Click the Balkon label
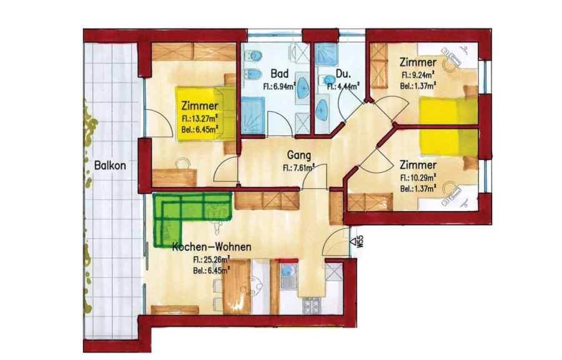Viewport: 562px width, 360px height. coord(110,166)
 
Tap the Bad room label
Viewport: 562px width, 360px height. coord(279,74)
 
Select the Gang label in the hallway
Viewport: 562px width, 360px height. coord(299,155)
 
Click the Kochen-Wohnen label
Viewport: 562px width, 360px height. coord(212,247)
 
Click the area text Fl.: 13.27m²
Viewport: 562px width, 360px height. coord(200,119)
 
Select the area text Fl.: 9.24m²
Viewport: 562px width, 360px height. coord(418,75)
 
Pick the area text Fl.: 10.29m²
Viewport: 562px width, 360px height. coord(418,177)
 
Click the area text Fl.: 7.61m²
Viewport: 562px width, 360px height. coord(298,167)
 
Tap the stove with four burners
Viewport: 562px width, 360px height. coord(312,306)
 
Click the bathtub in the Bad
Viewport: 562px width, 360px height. coord(252,115)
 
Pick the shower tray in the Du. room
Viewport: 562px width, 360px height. coord(325,54)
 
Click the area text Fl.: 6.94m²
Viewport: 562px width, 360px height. coord(279,86)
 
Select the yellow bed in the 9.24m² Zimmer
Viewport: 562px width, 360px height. coord(449,110)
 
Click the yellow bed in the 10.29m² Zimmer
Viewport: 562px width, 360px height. coord(449,143)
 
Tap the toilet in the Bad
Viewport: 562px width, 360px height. coord(253,56)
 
